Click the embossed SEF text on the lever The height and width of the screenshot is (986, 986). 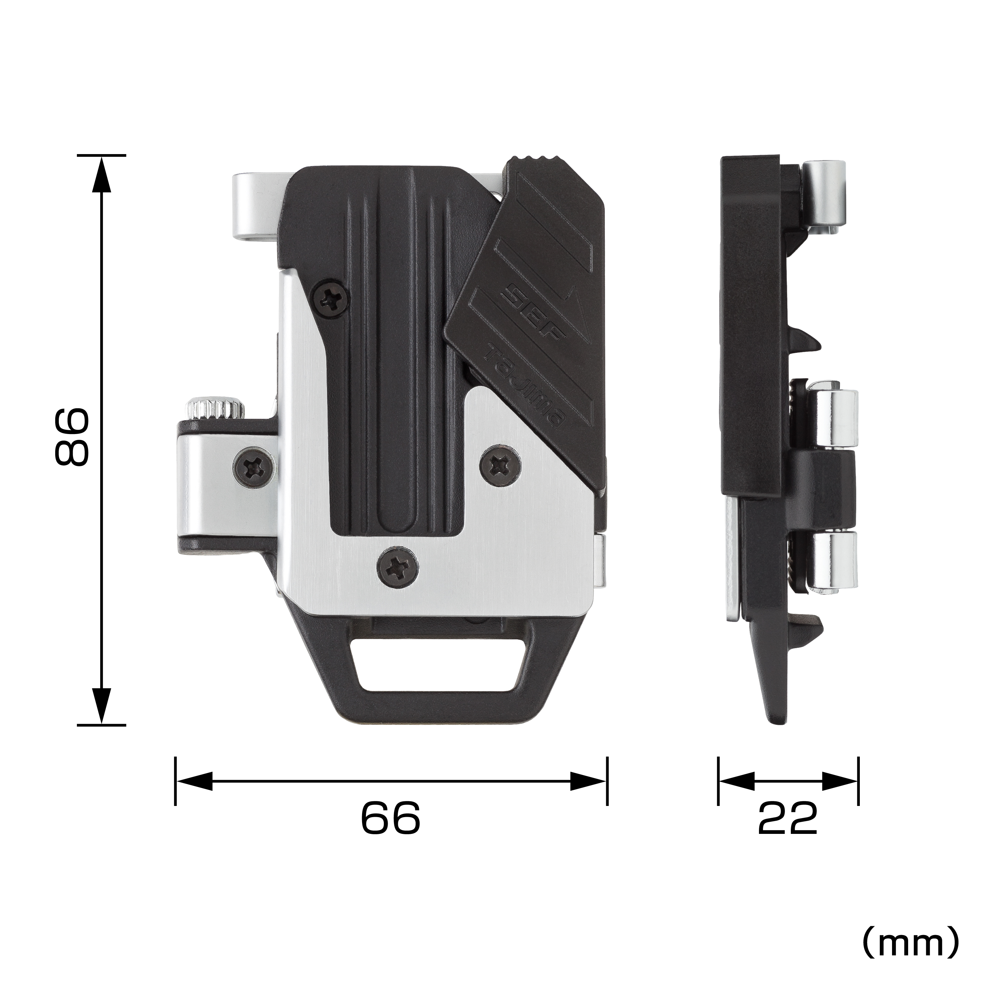tap(533, 311)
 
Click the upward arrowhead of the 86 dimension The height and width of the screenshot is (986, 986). tap(102, 173)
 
